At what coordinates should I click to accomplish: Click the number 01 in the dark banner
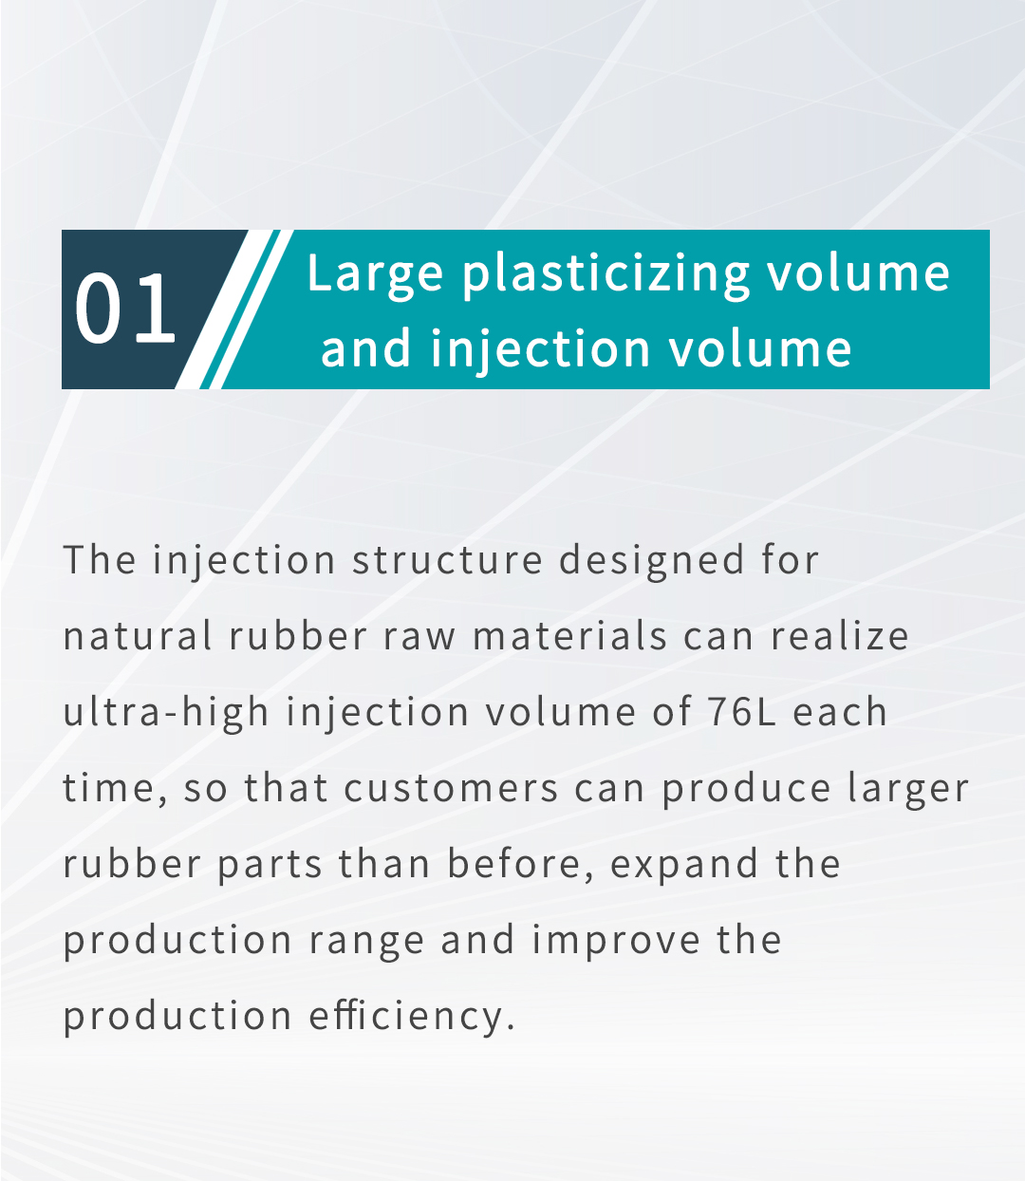[x=124, y=308]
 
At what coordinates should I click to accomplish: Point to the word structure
[x=448, y=560]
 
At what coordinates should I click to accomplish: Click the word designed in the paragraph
[x=652, y=561]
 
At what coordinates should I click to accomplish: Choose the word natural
[x=138, y=636]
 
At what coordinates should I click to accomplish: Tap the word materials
[x=569, y=636]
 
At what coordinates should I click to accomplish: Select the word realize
[x=840, y=636]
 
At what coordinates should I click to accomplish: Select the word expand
[x=684, y=865]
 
